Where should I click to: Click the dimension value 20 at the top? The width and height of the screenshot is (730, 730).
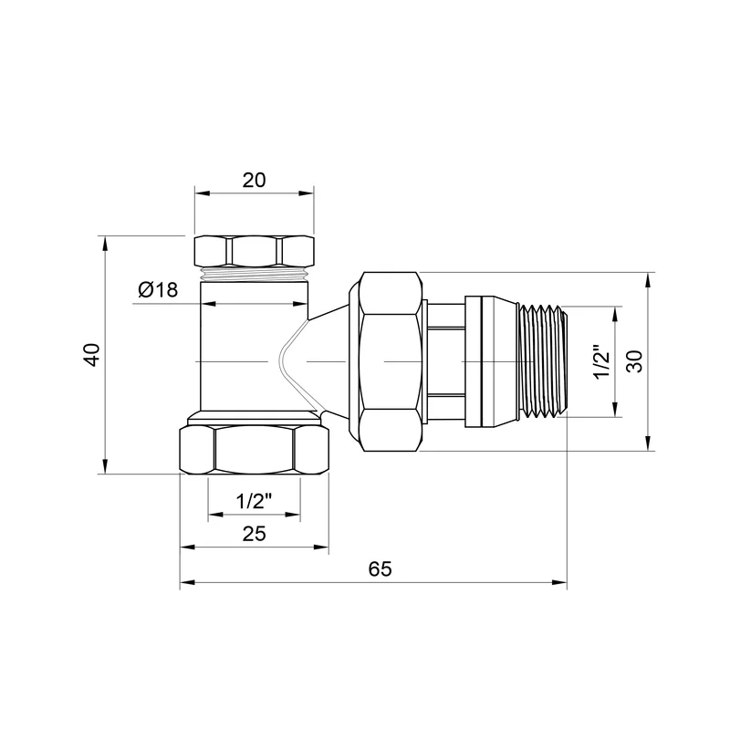(255, 180)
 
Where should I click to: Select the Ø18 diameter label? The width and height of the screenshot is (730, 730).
(158, 290)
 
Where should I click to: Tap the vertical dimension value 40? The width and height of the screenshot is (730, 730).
(93, 355)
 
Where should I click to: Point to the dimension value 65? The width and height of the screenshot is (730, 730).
(380, 568)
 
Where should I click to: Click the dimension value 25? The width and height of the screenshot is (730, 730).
(255, 534)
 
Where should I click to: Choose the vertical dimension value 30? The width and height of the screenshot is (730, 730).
(634, 361)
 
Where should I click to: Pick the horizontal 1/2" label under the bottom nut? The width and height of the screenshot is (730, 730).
(254, 501)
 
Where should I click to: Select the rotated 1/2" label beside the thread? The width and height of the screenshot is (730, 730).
(601, 362)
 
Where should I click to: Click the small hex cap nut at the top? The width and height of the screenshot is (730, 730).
(255, 252)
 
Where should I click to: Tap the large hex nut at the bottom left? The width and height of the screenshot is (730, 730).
(255, 451)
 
